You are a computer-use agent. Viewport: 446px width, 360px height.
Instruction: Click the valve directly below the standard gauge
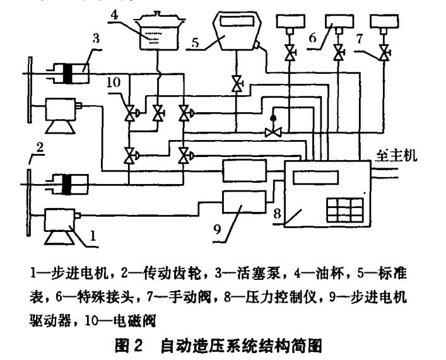(x=235, y=84)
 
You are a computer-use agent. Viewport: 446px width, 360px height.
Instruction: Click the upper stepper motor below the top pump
(x=62, y=114)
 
